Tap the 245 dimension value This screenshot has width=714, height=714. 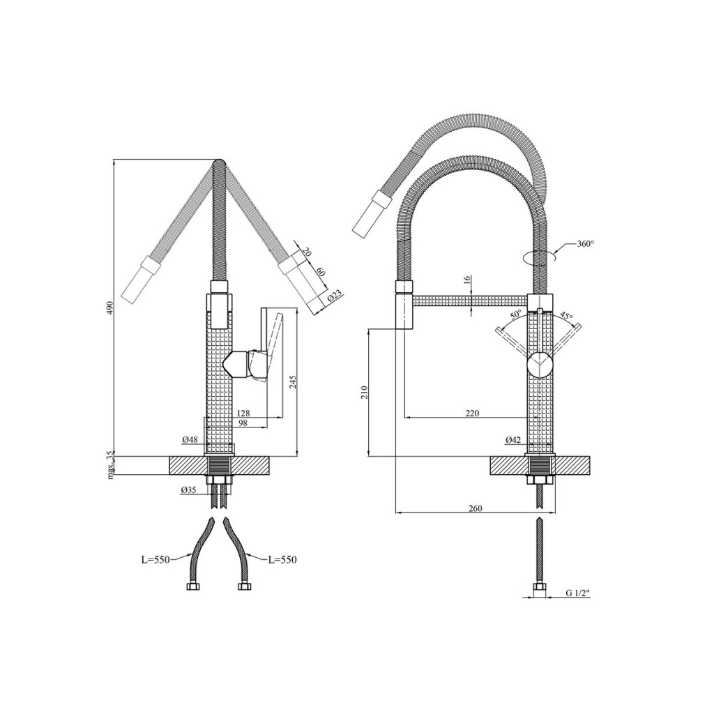pos(292,381)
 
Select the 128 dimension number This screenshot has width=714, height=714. pos(243,413)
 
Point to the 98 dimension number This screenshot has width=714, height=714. pos(242,423)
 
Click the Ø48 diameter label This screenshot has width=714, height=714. pos(190,439)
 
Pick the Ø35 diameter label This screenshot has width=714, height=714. pos(188,490)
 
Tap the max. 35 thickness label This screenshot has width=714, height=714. pos(109,465)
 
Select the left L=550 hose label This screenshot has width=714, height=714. pos(155,560)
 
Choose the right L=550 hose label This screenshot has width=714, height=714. pos(282,560)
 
